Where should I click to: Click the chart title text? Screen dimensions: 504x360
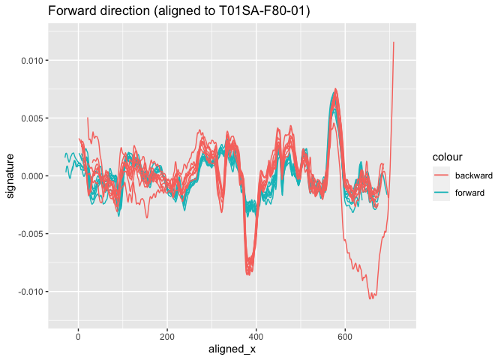tap(179, 11)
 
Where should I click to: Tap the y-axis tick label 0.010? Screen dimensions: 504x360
tap(31, 61)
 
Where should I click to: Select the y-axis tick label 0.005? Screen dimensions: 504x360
tap(31, 118)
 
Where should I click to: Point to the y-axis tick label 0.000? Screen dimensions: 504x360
tap(31, 176)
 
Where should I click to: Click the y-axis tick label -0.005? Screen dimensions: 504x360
tap(31, 234)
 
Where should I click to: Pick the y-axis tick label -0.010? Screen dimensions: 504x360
tap(31, 292)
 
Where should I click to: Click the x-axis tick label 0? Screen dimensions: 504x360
tap(78, 337)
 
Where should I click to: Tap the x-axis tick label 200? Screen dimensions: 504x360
tap(167, 337)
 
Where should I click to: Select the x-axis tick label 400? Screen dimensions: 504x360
tap(256, 337)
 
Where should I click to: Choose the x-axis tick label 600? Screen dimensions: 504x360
tap(345, 337)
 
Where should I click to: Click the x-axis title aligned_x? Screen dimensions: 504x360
tap(232, 349)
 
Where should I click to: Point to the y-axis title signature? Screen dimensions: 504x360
tap(10, 176)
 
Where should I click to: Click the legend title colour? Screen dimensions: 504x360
tap(448, 157)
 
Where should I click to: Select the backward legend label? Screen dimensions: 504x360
tap(474, 175)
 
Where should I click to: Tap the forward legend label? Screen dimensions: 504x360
tap(469, 193)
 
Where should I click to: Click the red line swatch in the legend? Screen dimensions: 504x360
tap(441, 175)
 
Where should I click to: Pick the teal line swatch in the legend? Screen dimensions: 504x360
tap(441, 193)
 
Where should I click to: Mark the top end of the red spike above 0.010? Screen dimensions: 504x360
tap(394, 42)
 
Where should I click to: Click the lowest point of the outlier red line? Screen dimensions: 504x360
tap(371, 299)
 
